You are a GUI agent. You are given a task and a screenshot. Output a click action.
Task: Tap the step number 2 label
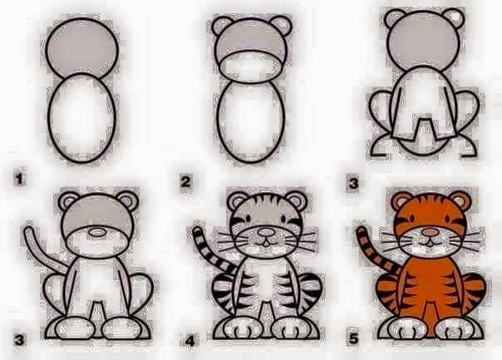[x=187, y=177]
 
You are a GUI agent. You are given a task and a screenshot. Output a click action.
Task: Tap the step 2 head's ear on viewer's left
[x=220, y=27]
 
